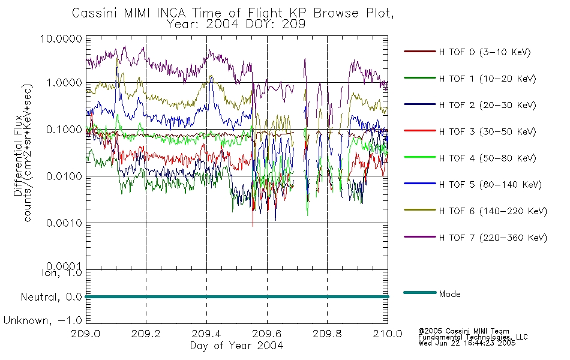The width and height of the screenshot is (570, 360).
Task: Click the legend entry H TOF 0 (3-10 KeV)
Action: [x=485, y=52]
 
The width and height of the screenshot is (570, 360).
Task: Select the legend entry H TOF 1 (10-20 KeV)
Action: [x=487, y=79]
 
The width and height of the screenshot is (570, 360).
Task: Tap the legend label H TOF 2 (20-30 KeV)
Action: [x=487, y=105]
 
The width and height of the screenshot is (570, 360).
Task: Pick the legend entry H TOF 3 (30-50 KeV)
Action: [x=487, y=131]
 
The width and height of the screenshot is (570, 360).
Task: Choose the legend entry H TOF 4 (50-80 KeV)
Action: [x=487, y=158]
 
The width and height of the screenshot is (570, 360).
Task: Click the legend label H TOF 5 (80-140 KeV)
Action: [x=490, y=185]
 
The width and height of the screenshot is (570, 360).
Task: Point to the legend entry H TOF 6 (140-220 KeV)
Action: [x=493, y=211]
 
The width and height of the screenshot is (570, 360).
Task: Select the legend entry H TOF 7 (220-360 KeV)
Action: [x=493, y=238]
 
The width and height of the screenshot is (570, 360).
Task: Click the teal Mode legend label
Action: [x=449, y=294]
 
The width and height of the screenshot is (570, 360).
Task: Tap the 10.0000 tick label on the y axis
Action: [x=61, y=38]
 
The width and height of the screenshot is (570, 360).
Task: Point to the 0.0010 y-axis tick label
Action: [x=64, y=223]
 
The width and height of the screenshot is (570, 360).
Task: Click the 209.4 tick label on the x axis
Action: [x=206, y=334]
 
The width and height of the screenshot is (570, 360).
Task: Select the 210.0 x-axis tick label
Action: [x=388, y=334]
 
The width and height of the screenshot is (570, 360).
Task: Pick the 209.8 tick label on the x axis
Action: [x=327, y=334]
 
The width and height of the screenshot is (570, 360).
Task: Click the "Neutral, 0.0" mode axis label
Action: [x=51, y=297]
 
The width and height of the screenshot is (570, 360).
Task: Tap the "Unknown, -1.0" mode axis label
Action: [x=43, y=320]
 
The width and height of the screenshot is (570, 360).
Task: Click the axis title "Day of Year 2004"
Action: [x=236, y=346]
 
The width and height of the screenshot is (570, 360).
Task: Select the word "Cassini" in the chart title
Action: [x=95, y=13]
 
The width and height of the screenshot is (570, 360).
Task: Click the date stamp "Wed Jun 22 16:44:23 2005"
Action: [x=467, y=343]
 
